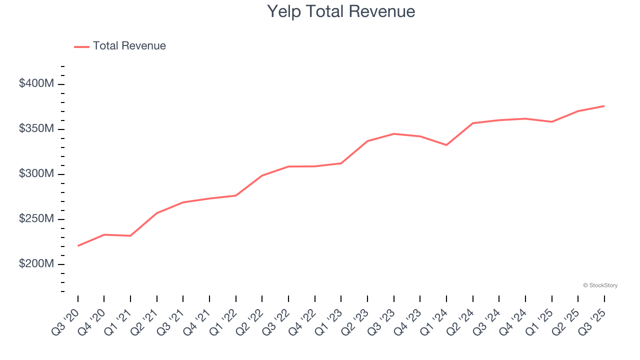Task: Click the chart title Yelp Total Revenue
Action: [341, 11]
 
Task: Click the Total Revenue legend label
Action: [129, 46]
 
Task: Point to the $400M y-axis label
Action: [36, 83]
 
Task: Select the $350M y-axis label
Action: [36, 128]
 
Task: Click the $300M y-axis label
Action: [36, 173]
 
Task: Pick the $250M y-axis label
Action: [36, 219]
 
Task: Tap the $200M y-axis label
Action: [36, 263]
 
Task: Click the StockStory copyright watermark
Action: [600, 285]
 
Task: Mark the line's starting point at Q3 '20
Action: [78, 246]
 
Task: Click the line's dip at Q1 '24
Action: [446, 145]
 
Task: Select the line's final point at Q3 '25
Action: [604, 106]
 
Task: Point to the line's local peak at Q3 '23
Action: [394, 133]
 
